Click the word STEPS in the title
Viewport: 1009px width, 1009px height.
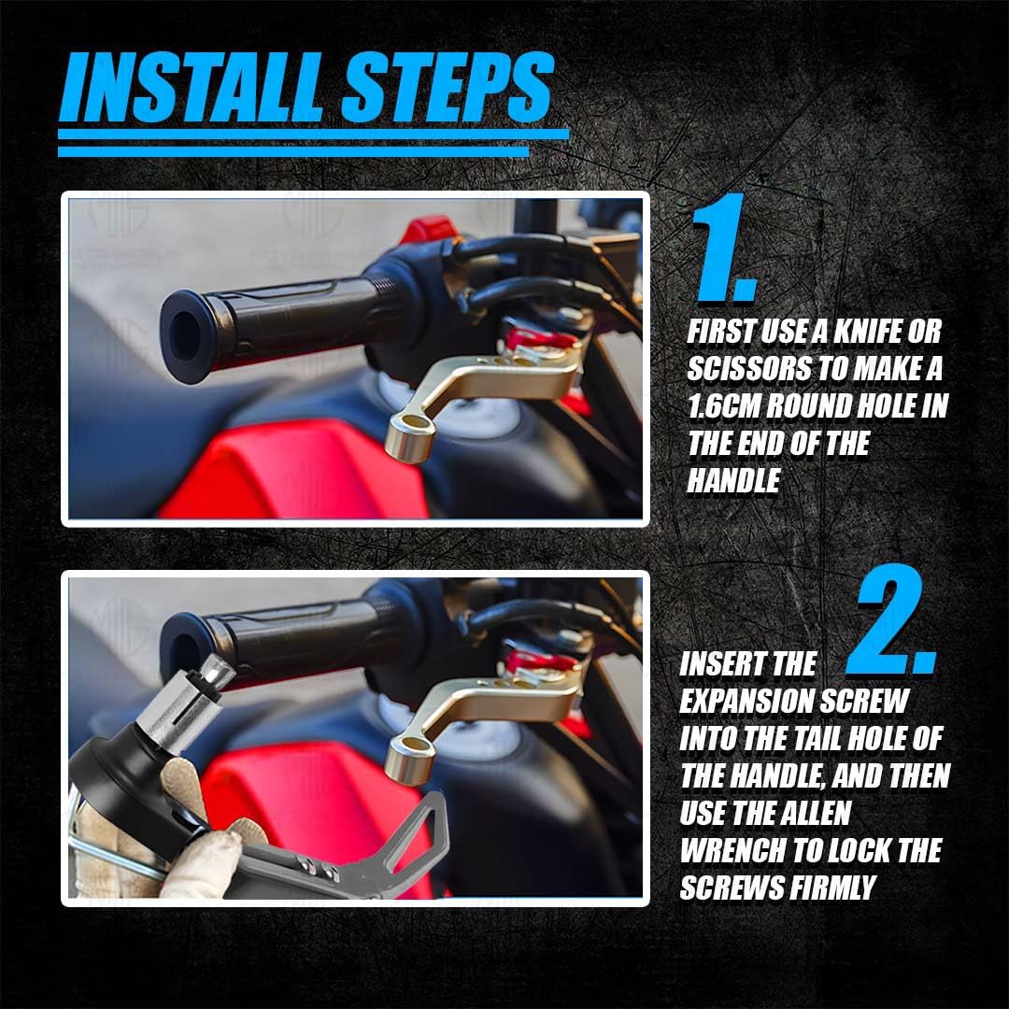pyautogui.click(x=447, y=87)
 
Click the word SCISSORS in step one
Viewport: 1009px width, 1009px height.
pyautogui.click(x=747, y=369)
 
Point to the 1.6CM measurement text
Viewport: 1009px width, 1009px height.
pyautogui.click(x=724, y=406)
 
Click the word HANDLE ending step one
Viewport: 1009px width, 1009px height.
pyautogui.click(x=733, y=481)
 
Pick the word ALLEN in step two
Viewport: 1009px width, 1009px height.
pyautogui.click(x=816, y=814)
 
